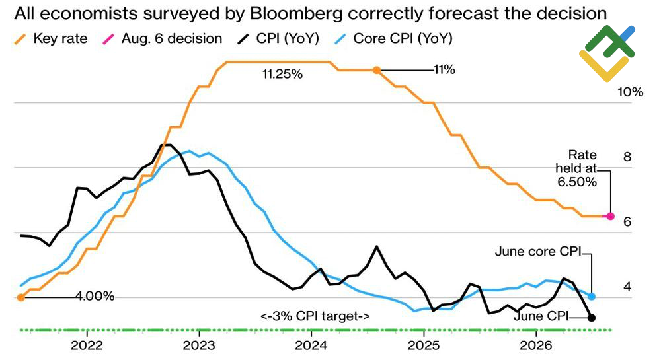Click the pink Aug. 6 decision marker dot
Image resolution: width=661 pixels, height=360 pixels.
click(610, 216)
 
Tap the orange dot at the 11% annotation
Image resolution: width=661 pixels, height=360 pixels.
click(377, 70)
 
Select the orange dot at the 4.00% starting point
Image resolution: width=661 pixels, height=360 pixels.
click(21, 298)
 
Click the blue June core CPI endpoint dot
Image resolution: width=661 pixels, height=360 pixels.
click(592, 297)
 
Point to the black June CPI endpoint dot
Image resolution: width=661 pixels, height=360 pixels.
click(592, 318)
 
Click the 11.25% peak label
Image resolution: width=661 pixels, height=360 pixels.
click(282, 75)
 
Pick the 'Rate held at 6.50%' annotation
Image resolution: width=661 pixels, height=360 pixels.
click(576, 168)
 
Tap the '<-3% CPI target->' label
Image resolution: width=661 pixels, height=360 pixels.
click(315, 316)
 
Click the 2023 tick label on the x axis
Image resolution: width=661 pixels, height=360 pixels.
click(199, 345)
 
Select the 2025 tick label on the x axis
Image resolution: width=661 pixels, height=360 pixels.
click(424, 345)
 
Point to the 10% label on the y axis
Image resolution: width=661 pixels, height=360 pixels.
click(631, 92)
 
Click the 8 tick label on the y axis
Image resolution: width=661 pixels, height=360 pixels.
click(627, 157)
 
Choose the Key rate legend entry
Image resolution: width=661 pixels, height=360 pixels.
click(51, 39)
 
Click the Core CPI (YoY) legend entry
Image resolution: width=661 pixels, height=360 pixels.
click(393, 39)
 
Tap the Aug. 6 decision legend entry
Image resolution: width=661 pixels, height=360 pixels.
click(163, 39)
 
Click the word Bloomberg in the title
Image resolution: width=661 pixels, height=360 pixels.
click(296, 14)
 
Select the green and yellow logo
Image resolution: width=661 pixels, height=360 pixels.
click(607, 53)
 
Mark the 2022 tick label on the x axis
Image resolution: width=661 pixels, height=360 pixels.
click(87, 345)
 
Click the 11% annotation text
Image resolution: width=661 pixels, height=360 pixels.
click(444, 70)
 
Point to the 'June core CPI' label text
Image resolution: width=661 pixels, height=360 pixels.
click(538, 252)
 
